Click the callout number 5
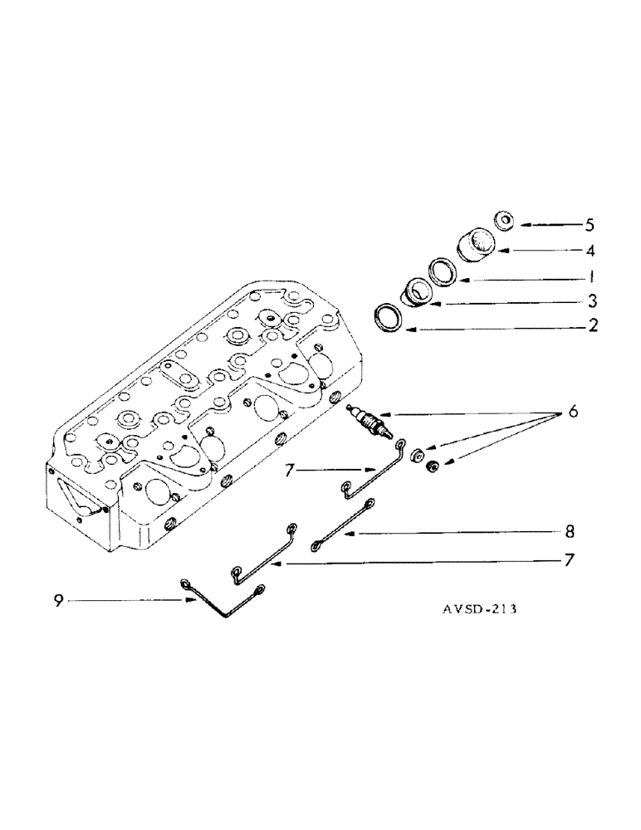pos(590,225)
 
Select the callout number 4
pos(590,251)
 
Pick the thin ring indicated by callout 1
pos(443,271)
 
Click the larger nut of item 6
pos(418,455)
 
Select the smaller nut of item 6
pos(433,471)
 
